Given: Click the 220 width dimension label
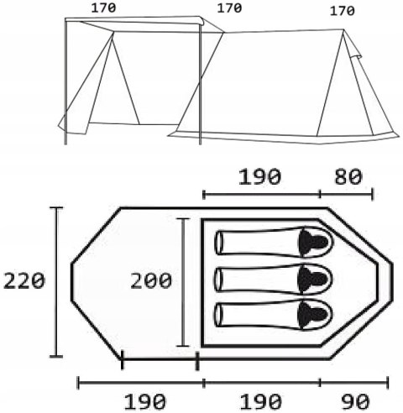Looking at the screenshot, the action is (24, 281).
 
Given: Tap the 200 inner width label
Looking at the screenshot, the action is (151, 280).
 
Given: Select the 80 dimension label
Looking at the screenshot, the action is (348, 177).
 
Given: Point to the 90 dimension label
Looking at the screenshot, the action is (356, 401).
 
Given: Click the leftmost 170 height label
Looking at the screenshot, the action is (103, 8).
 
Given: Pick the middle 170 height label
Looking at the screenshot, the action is (229, 8).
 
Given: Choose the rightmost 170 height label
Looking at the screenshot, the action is (342, 11).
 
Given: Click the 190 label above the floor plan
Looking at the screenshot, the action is (259, 177).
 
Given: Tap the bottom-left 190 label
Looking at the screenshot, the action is (144, 401).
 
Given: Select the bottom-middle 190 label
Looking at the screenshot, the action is (261, 401).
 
